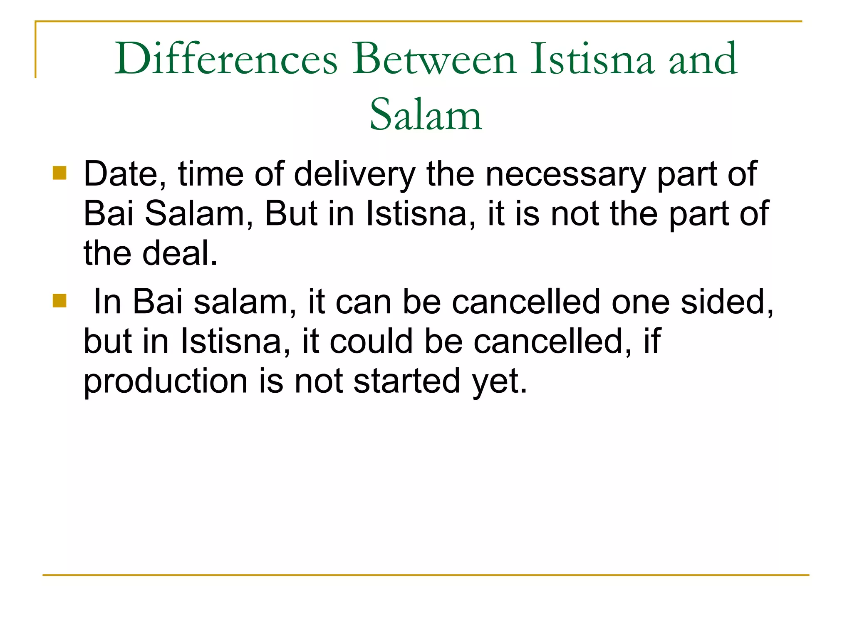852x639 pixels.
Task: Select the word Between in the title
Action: (434, 59)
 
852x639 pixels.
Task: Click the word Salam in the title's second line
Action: (426, 114)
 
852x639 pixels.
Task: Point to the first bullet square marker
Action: (60, 173)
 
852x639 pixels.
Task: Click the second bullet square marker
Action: (60, 300)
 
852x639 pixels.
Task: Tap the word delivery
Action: (354, 175)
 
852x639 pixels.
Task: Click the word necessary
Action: (566, 175)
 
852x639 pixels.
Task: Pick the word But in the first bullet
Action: (291, 214)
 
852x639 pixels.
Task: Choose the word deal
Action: (180, 254)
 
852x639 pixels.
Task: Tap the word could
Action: (372, 342)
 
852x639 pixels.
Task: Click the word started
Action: (406, 382)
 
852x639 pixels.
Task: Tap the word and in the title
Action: (703, 59)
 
